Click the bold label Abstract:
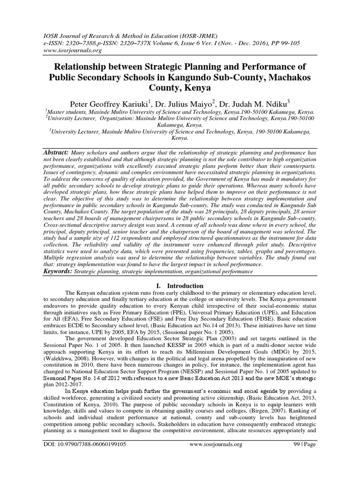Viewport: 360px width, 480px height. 56,153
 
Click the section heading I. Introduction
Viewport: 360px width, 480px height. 180,285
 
